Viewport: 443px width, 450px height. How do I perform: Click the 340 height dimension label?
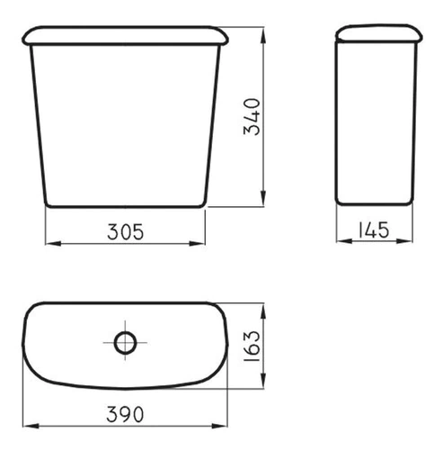[x=252, y=117]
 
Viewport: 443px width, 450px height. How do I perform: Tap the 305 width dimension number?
[x=126, y=232]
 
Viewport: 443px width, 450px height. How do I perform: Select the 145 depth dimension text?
[x=374, y=230]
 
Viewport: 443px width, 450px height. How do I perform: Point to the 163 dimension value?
[x=252, y=346]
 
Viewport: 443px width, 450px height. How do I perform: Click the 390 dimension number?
[x=125, y=414]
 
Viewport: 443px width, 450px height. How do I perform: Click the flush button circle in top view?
[x=125, y=343]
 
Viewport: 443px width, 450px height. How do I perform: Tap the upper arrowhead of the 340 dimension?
[x=263, y=35]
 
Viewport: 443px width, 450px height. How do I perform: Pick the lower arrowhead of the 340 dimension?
[x=263, y=198]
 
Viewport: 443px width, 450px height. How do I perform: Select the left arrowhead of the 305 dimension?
[x=53, y=243]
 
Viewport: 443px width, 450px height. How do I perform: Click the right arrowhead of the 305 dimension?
[x=197, y=243]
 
